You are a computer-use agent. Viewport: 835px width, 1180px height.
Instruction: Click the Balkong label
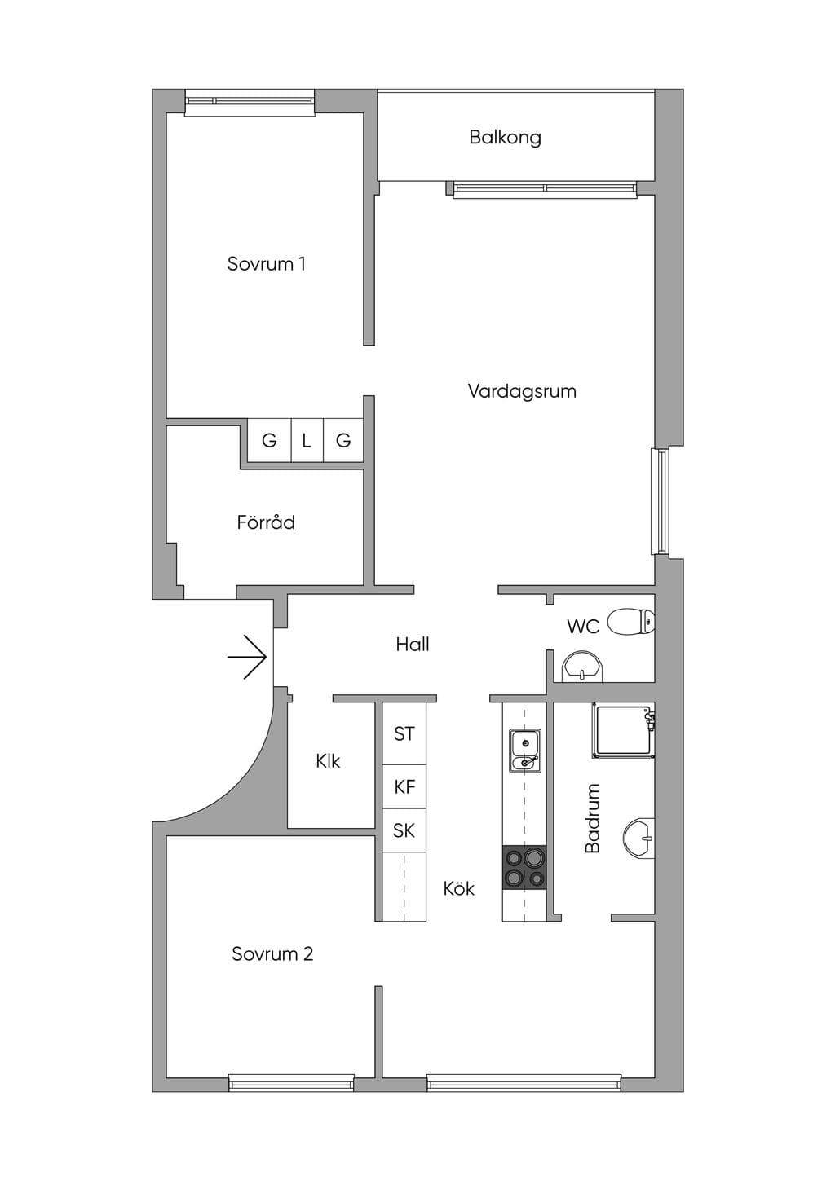(x=505, y=138)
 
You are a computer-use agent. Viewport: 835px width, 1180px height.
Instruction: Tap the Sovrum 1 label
(x=266, y=263)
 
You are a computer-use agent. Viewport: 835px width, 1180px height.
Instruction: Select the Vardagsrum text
(x=522, y=391)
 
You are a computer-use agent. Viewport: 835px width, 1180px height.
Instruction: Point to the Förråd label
(x=266, y=522)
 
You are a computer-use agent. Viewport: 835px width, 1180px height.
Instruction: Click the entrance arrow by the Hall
(x=247, y=657)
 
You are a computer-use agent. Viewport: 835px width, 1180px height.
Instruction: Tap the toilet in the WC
(x=631, y=622)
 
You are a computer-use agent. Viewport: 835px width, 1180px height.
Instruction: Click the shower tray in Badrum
(x=623, y=730)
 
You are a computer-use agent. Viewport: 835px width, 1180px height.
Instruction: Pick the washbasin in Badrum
(x=639, y=838)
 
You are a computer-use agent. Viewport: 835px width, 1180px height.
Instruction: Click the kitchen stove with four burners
(x=524, y=868)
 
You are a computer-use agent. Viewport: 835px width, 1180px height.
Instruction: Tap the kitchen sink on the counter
(x=524, y=751)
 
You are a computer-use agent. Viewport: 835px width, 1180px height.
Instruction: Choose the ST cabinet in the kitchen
(x=404, y=733)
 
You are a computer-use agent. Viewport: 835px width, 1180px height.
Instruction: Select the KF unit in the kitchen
(x=404, y=786)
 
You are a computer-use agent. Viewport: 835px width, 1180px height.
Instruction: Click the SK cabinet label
(x=404, y=830)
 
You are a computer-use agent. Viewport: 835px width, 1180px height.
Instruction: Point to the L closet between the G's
(x=307, y=440)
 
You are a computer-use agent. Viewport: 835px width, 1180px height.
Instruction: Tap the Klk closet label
(x=328, y=760)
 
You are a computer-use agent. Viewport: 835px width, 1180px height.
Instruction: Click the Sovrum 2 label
(x=272, y=953)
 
